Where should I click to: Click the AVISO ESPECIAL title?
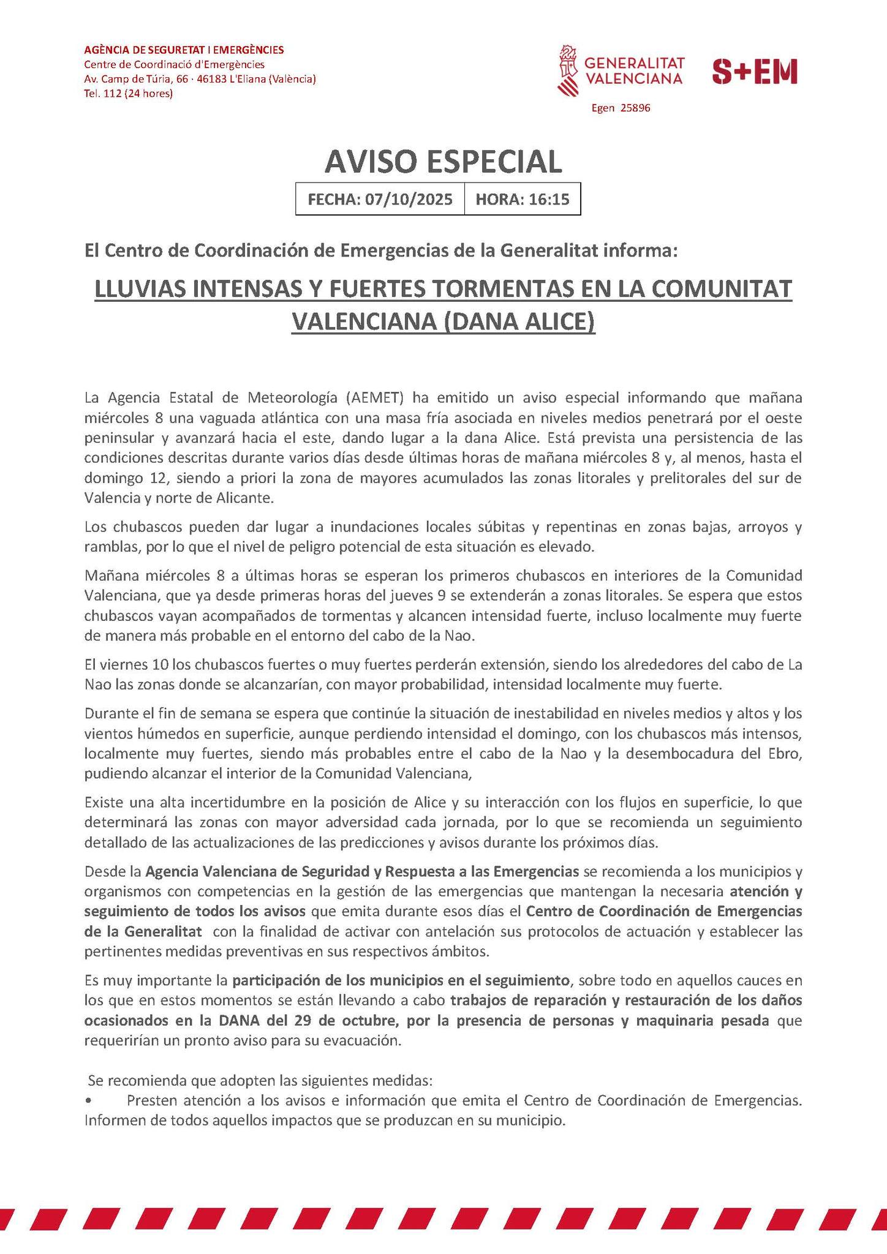click(x=443, y=161)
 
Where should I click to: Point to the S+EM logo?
click(x=755, y=72)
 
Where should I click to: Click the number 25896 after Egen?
click(x=635, y=108)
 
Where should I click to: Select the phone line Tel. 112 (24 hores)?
click(x=128, y=94)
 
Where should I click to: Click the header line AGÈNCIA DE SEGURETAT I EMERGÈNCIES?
click(x=183, y=50)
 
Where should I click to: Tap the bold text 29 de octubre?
click(x=344, y=1021)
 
